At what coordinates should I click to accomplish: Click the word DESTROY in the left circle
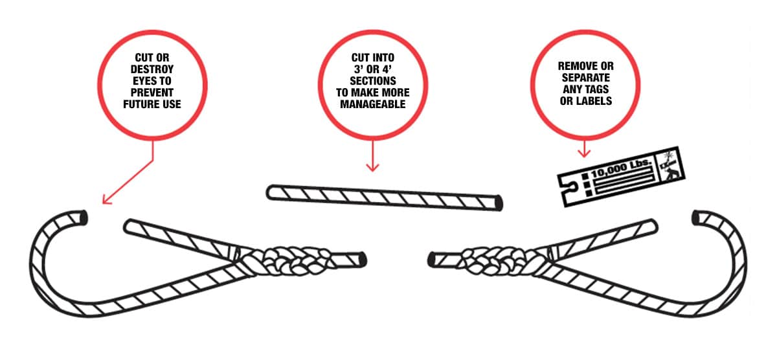[x=152, y=69]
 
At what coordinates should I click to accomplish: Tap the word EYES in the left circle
[x=142, y=81]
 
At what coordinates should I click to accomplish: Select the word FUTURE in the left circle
[x=140, y=104]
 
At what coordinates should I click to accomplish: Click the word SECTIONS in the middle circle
[x=372, y=81]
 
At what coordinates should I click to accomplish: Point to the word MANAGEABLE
[x=372, y=104]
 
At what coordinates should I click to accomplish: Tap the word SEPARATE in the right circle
[x=585, y=78]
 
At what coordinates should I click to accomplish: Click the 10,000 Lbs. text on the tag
[x=621, y=168]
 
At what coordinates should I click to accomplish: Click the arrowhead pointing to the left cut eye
[x=106, y=200]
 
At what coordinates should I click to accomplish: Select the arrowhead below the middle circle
[x=372, y=168]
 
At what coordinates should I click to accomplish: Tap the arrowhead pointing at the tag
[x=584, y=153]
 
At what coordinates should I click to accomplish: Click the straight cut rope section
[x=385, y=197]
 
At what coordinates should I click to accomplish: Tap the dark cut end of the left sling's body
[x=363, y=259]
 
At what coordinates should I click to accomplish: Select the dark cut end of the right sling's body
[x=431, y=260]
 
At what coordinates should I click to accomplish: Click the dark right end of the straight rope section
[x=499, y=203]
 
